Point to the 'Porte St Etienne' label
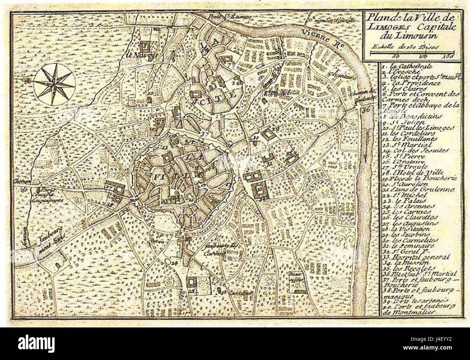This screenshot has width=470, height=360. click(222, 16)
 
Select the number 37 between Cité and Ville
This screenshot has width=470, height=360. click(205, 135)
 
